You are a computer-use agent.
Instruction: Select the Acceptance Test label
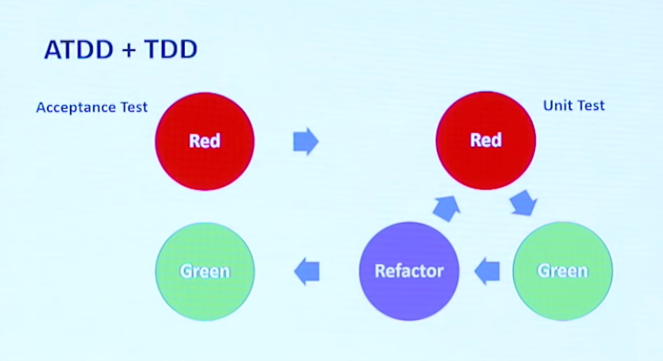[92, 108]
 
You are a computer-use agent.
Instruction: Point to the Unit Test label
[574, 106]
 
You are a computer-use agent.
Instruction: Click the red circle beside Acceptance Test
[205, 141]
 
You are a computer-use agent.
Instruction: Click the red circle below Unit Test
[485, 141]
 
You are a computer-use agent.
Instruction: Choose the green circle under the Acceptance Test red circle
[205, 271]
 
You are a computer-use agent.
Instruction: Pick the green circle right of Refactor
[562, 271]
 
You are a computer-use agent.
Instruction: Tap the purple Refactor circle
[409, 271]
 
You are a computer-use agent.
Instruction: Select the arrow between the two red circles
[306, 141]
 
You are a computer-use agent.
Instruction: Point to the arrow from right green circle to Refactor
[488, 271]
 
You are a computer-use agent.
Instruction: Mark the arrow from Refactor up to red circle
[445, 208]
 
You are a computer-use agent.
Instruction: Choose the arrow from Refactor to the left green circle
[307, 271]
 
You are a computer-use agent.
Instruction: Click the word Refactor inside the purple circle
[409, 271]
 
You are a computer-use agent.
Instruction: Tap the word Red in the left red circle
[205, 141]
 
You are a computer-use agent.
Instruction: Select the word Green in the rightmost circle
[562, 271]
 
